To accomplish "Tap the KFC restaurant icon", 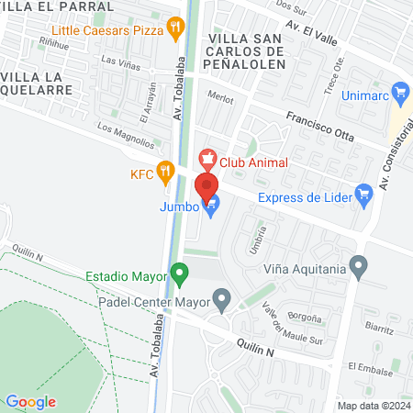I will (165, 170).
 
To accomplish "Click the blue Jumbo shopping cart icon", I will (212, 207).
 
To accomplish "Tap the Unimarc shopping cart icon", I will (399, 92).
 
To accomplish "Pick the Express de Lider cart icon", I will (364, 195).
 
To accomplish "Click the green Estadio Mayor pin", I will (180, 274).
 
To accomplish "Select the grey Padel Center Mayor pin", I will (220, 297).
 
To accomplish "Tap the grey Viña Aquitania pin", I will (359, 268).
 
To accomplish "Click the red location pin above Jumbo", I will (210, 186).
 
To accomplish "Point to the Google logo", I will (30, 401).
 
